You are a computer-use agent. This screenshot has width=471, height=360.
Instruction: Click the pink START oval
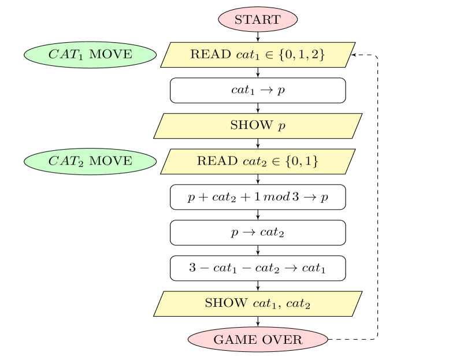tap(258, 20)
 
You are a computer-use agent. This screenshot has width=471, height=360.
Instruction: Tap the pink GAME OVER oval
tap(258, 340)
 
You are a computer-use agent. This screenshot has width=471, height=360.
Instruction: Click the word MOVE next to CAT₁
tap(111, 55)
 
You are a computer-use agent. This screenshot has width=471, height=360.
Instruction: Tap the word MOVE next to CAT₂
tap(111, 161)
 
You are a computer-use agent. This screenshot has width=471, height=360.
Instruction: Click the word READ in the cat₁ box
tap(210, 55)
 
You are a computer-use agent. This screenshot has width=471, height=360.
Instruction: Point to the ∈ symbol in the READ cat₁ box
tap(269, 55)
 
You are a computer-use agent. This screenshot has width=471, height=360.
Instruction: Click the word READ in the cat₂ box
tap(217, 161)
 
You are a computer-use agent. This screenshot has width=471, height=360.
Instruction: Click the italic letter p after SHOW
tap(281, 126)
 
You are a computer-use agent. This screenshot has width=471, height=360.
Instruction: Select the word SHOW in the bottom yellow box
tap(226, 303)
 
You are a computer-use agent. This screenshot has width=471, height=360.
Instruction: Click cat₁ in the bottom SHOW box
tap(265, 304)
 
